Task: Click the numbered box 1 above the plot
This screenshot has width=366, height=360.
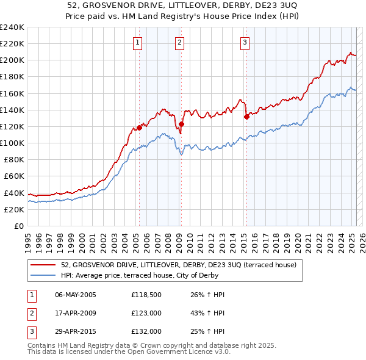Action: coord(138,43)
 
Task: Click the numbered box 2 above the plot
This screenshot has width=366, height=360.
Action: coord(180,43)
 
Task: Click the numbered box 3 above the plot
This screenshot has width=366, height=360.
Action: coord(245,43)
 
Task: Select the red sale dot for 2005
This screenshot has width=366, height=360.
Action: coord(139,128)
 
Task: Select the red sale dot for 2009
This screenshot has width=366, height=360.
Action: coord(181,124)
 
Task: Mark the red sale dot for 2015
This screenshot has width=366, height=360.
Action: coord(246,117)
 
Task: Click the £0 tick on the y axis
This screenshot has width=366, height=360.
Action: coord(20,226)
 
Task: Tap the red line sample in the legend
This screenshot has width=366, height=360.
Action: coord(44,265)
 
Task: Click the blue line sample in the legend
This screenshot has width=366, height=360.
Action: coord(44,275)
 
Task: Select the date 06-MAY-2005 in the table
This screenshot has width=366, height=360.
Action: coord(76,295)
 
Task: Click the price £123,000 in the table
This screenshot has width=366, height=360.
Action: coord(146,313)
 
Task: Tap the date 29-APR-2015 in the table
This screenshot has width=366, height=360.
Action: coord(76,331)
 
